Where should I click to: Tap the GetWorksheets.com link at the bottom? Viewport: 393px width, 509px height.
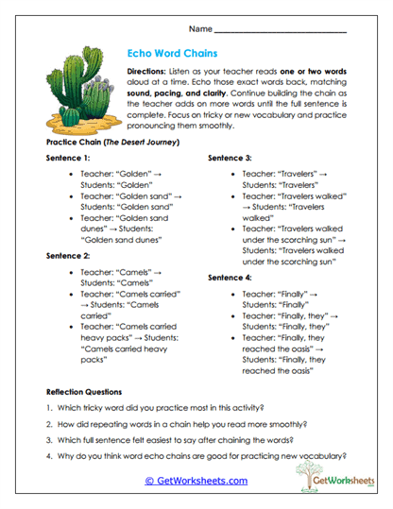pos(196,481)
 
